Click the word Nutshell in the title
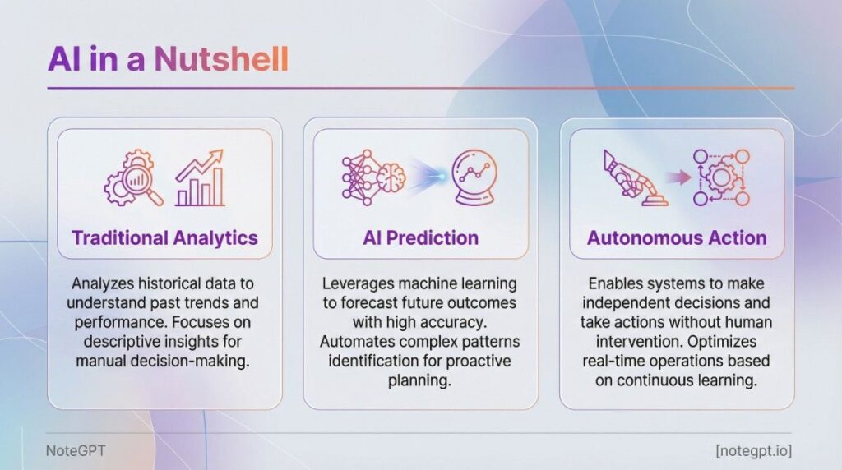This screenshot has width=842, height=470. coord(222,58)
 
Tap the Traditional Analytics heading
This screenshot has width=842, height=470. coord(164,237)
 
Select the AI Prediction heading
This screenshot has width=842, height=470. coord(420,237)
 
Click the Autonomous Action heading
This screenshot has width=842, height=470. coord(677,237)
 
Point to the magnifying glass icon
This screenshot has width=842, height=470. coord(141,185)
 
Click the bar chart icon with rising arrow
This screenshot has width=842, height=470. coord(199,178)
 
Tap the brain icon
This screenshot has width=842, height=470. coord(391,176)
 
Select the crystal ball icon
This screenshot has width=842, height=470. coord(474,177)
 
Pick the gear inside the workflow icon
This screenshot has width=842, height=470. coord(720,177)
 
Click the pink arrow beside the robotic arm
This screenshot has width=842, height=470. coord(678,177)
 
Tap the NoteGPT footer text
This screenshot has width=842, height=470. coord(76,450)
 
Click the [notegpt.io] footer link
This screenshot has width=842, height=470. coord(753,450)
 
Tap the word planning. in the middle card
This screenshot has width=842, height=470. coord(420,380)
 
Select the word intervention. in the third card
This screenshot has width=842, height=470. coord(639,342)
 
